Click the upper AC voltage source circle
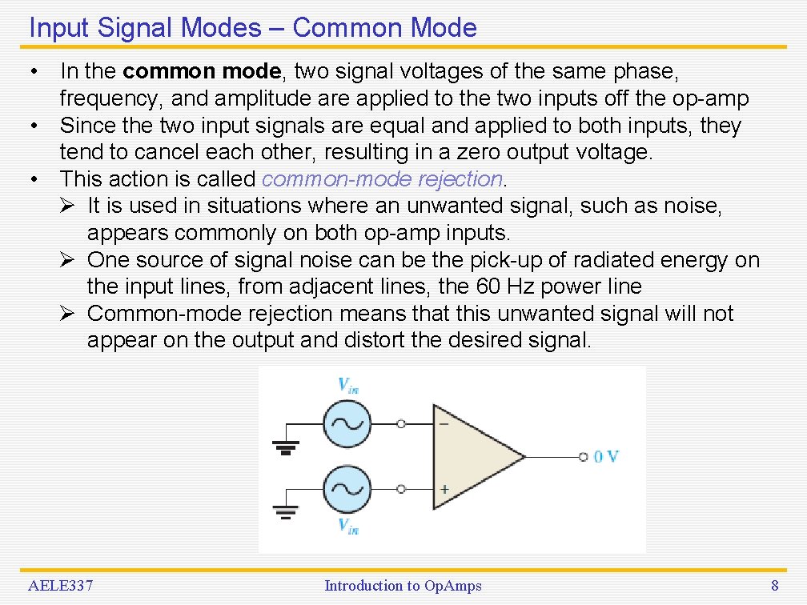pos(347,423)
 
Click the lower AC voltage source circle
pos(347,488)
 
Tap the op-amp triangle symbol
pos(472,456)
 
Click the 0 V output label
pos(606,456)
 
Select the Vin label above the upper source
pos(347,385)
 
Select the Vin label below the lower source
pos(347,526)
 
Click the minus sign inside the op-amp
pos(444,423)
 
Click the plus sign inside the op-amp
pos(444,488)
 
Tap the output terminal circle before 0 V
pos(584,456)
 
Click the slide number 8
pos(774,586)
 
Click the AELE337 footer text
pos(61,586)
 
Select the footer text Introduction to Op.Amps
pos(403,586)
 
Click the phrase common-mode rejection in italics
pos(382,178)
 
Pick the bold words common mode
pos(203,71)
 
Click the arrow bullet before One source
pos(70,260)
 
